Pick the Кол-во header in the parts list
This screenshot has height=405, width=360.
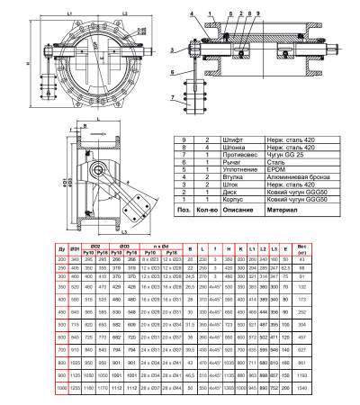(x=206, y=210)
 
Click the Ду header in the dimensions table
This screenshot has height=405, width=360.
(x=61, y=247)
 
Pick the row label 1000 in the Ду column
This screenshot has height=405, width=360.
(x=61, y=385)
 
